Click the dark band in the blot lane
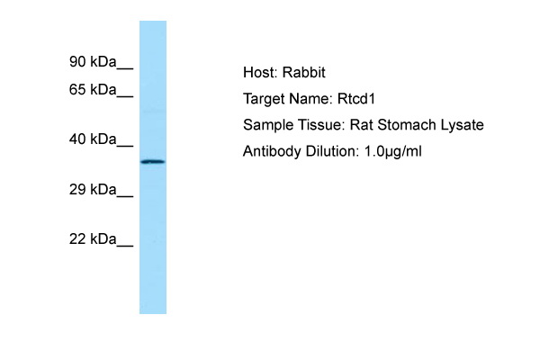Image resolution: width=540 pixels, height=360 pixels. point(153,162)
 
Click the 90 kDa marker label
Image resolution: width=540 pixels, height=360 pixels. point(93,62)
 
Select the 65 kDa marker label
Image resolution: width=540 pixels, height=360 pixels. point(93,90)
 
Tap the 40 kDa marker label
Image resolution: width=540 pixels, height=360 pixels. point(93,139)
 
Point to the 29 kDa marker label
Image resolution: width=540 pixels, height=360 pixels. point(93,190)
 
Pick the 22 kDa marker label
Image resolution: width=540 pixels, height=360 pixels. point(93,238)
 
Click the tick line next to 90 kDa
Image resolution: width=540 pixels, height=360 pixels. point(125,69)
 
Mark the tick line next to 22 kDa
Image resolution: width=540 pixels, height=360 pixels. point(125,246)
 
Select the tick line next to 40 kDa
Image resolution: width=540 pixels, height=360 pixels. point(125,147)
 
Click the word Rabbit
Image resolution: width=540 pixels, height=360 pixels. point(304,72)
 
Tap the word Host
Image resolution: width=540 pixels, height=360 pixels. point(260,72)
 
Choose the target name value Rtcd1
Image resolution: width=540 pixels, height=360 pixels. point(356,99)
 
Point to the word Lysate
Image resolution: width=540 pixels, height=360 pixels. point(463,125)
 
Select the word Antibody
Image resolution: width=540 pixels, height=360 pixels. point(272,151)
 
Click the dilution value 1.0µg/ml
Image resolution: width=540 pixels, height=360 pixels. point(393,151)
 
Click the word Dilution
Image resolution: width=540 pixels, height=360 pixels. point(332,151)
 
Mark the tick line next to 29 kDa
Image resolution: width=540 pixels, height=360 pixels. point(125,197)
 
